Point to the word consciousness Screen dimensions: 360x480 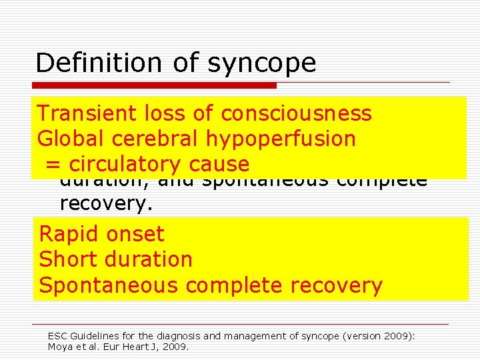[x=296, y=114]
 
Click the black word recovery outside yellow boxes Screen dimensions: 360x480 [x=106, y=203]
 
